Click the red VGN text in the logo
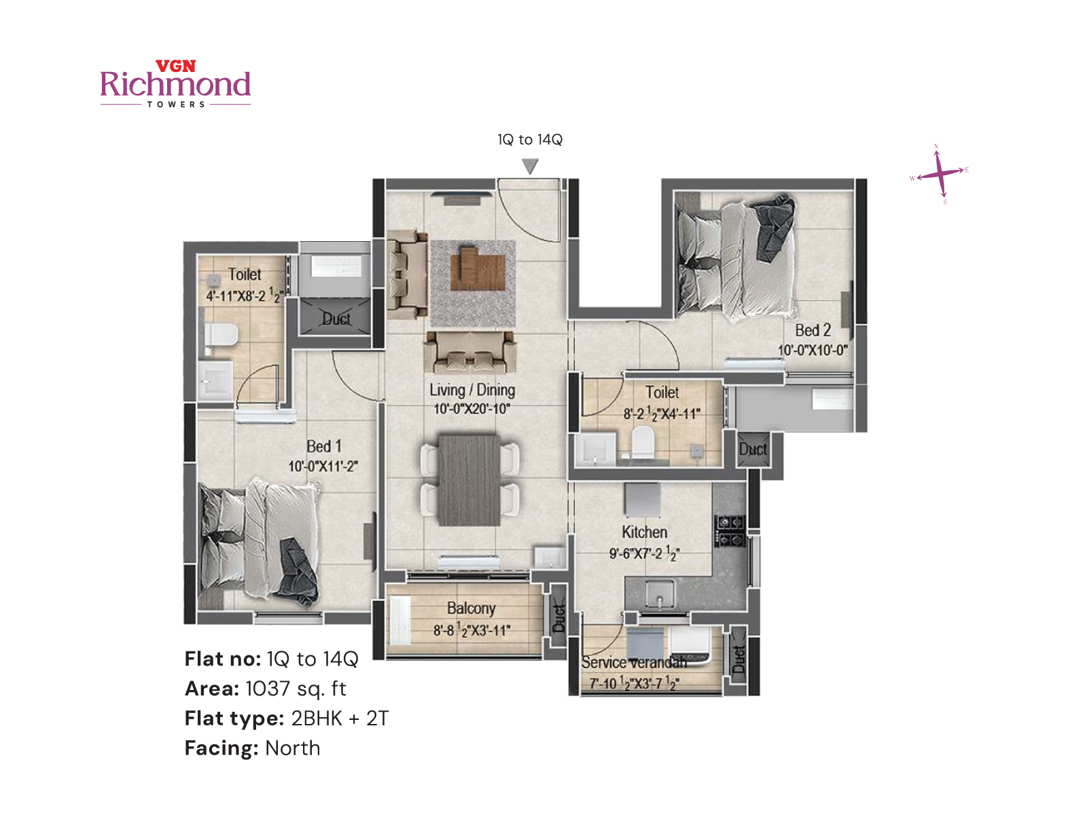pyautogui.click(x=175, y=66)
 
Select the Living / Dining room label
pyautogui.click(x=472, y=390)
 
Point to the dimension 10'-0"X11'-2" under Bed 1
pyautogui.click(x=323, y=467)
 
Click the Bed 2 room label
pyautogui.click(x=813, y=330)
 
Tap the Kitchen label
pyautogui.click(x=644, y=532)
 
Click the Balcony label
pyautogui.click(x=471, y=608)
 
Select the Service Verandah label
pyautogui.click(x=633, y=662)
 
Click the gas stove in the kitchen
pyautogui.click(x=730, y=531)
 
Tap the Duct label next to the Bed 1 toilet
pyautogui.click(x=336, y=319)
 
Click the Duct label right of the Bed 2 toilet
pyautogui.click(x=752, y=449)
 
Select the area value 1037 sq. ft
pyautogui.click(x=296, y=689)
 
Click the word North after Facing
pyautogui.click(x=292, y=748)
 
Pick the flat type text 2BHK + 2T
pyautogui.click(x=340, y=718)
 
